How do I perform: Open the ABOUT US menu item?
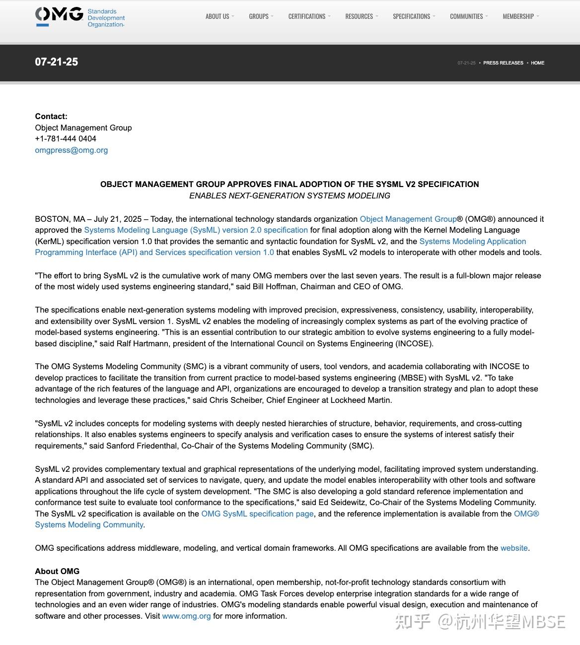point(217,16)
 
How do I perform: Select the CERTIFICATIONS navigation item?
point(307,16)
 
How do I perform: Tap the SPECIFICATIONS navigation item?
point(412,16)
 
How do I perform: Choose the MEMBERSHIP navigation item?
point(518,16)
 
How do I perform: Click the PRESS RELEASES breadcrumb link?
point(503,63)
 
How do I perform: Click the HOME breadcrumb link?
point(537,63)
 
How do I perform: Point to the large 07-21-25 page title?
point(57,62)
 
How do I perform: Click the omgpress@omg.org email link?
point(72,150)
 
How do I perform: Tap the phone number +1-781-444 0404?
point(66,138)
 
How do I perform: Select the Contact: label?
point(51,116)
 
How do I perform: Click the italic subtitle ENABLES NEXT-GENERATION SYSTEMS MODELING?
point(290,195)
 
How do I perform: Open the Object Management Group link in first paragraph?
point(408,219)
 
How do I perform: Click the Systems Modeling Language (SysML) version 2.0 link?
point(196,230)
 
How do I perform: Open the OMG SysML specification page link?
point(257,514)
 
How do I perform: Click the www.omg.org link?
point(186,616)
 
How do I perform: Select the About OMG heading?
point(57,571)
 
